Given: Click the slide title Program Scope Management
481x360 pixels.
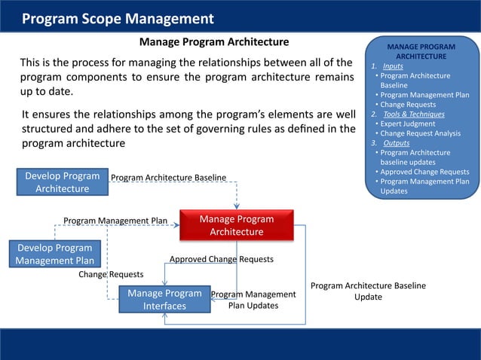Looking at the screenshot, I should click(118, 18).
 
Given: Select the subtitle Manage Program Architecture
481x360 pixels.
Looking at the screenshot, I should click(214, 41).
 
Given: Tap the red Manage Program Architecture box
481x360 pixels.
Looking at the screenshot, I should click(236, 225).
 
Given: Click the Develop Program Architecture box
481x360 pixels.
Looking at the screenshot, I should click(63, 182).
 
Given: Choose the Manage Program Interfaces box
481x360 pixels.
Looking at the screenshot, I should click(164, 299).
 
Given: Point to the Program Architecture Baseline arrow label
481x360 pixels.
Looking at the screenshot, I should click(168, 178).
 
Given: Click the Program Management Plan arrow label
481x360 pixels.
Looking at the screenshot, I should click(115, 221).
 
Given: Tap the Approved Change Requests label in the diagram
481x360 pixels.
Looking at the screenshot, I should click(221, 259).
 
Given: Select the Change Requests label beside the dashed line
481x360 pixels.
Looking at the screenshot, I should click(111, 274).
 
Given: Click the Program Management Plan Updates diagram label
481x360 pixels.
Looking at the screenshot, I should click(253, 300).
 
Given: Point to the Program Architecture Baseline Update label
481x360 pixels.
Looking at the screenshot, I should click(368, 291).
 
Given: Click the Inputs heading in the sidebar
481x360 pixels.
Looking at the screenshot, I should click(393, 66).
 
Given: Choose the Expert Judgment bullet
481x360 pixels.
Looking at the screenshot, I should click(408, 124).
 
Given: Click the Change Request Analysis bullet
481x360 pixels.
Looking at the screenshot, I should click(420, 133).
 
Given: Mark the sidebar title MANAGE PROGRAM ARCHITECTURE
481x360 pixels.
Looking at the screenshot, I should click(421, 51).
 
